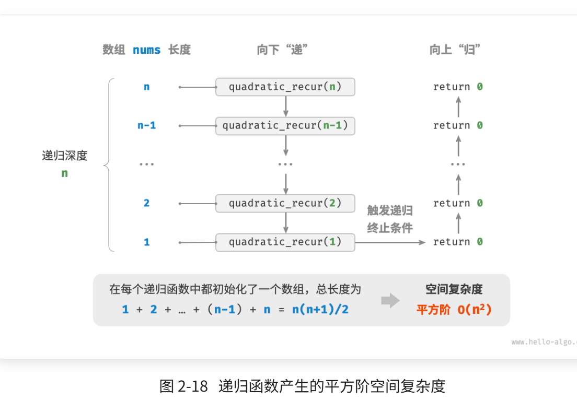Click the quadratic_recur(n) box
[x=285, y=87]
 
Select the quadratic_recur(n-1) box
[x=285, y=125]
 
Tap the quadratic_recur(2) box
[x=285, y=203]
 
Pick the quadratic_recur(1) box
[x=285, y=242]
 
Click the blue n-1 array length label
[x=146, y=125]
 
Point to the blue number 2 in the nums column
[x=146, y=203]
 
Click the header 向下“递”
[x=282, y=50]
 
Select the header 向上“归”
[x=455, y=50]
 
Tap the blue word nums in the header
[x=146, y=50]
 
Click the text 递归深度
[x=65, y=156]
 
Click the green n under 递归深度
[x=64, y=173]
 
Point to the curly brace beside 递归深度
[x=108, y=164]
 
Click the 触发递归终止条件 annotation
[x=389, y=219]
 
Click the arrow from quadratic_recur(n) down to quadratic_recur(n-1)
[x=286, y=107]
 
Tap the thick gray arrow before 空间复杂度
[x=390, y=300]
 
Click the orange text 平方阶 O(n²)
[x=454, y=309]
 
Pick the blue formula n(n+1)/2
[x=320, y=309]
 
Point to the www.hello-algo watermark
[x=544, y=342]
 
